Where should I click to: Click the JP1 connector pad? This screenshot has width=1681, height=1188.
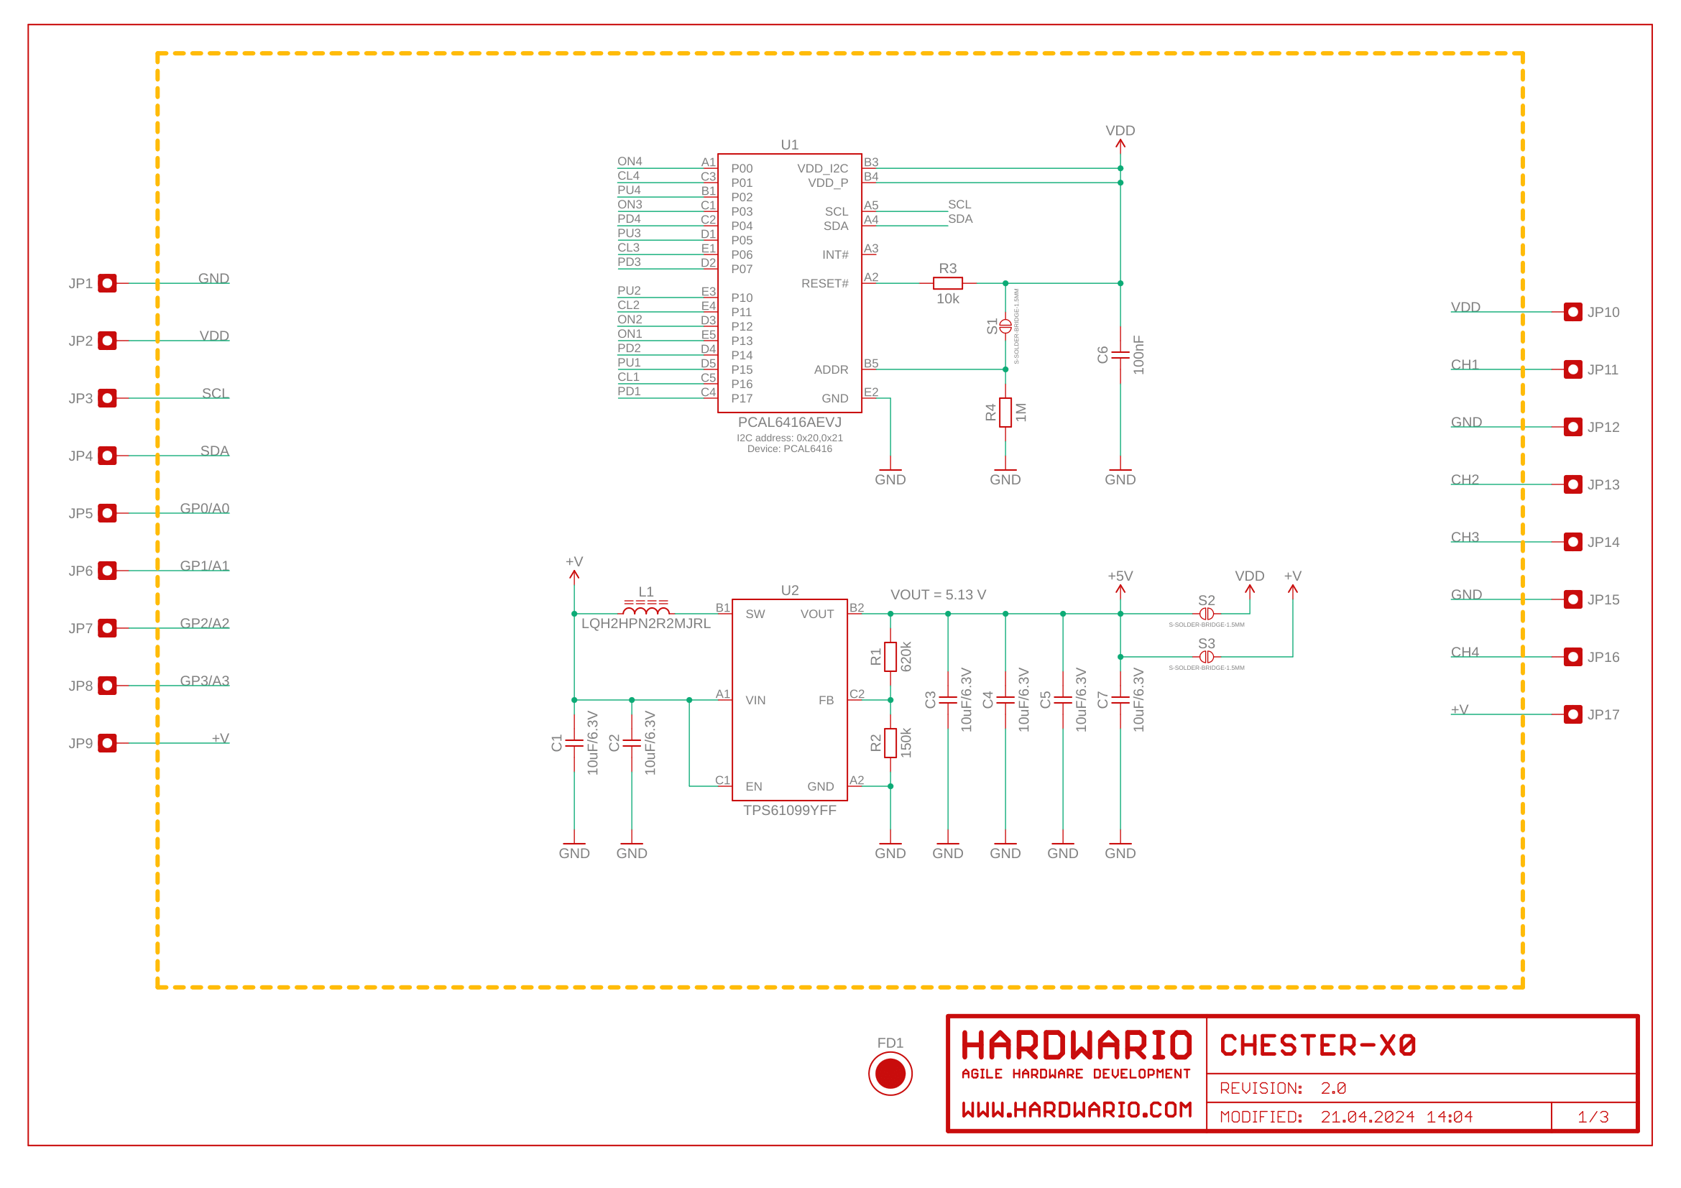[108, 283]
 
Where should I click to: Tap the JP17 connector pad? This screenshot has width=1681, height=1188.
[1572, 714]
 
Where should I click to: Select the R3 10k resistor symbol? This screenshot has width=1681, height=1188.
[947, 283]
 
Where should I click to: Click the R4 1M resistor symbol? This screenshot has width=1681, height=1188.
[1005, 412]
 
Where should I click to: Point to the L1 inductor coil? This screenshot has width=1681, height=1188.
[646, 609]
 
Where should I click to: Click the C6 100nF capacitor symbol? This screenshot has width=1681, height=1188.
[1120, 355]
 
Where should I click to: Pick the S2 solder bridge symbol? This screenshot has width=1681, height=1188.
[1207, 613]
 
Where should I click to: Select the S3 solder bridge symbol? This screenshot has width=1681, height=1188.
[1207, 657]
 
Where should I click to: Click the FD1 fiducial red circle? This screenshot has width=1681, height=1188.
[890, 1073]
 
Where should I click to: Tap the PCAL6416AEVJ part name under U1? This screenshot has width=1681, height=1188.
[789, 423]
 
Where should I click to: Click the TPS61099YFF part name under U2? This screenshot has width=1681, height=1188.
[789, 810]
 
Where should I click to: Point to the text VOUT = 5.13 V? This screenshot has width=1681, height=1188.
[938, 594]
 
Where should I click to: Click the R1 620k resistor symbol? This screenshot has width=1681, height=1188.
[890, 657]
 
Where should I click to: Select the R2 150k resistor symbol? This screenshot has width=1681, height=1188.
[890, 743]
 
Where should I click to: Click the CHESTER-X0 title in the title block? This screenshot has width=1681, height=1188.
[1317, 1045]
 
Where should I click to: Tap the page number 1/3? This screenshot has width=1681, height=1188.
[1593, 1117]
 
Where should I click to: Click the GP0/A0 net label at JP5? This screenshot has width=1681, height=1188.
[204, 508]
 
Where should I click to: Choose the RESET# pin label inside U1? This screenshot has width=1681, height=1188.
[824, 283]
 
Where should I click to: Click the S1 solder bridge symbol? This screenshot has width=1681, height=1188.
[1005, 326]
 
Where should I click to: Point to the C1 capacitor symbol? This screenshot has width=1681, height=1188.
[574, 743]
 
